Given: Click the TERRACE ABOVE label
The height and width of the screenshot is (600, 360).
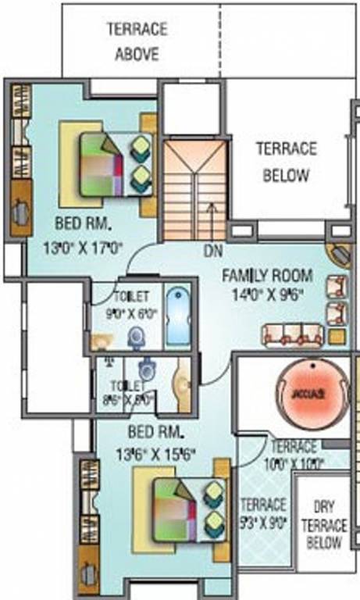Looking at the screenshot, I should (137, 41).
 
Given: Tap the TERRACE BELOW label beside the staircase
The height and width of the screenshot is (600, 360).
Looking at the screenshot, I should (286, 161).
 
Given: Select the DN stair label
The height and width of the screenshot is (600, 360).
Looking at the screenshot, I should (212, 252).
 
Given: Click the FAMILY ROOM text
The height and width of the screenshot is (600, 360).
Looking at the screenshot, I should (267, 275).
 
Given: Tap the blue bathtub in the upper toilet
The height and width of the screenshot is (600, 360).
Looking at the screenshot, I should (179, 316).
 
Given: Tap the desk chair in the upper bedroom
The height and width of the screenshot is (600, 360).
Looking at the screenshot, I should (20, 209).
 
